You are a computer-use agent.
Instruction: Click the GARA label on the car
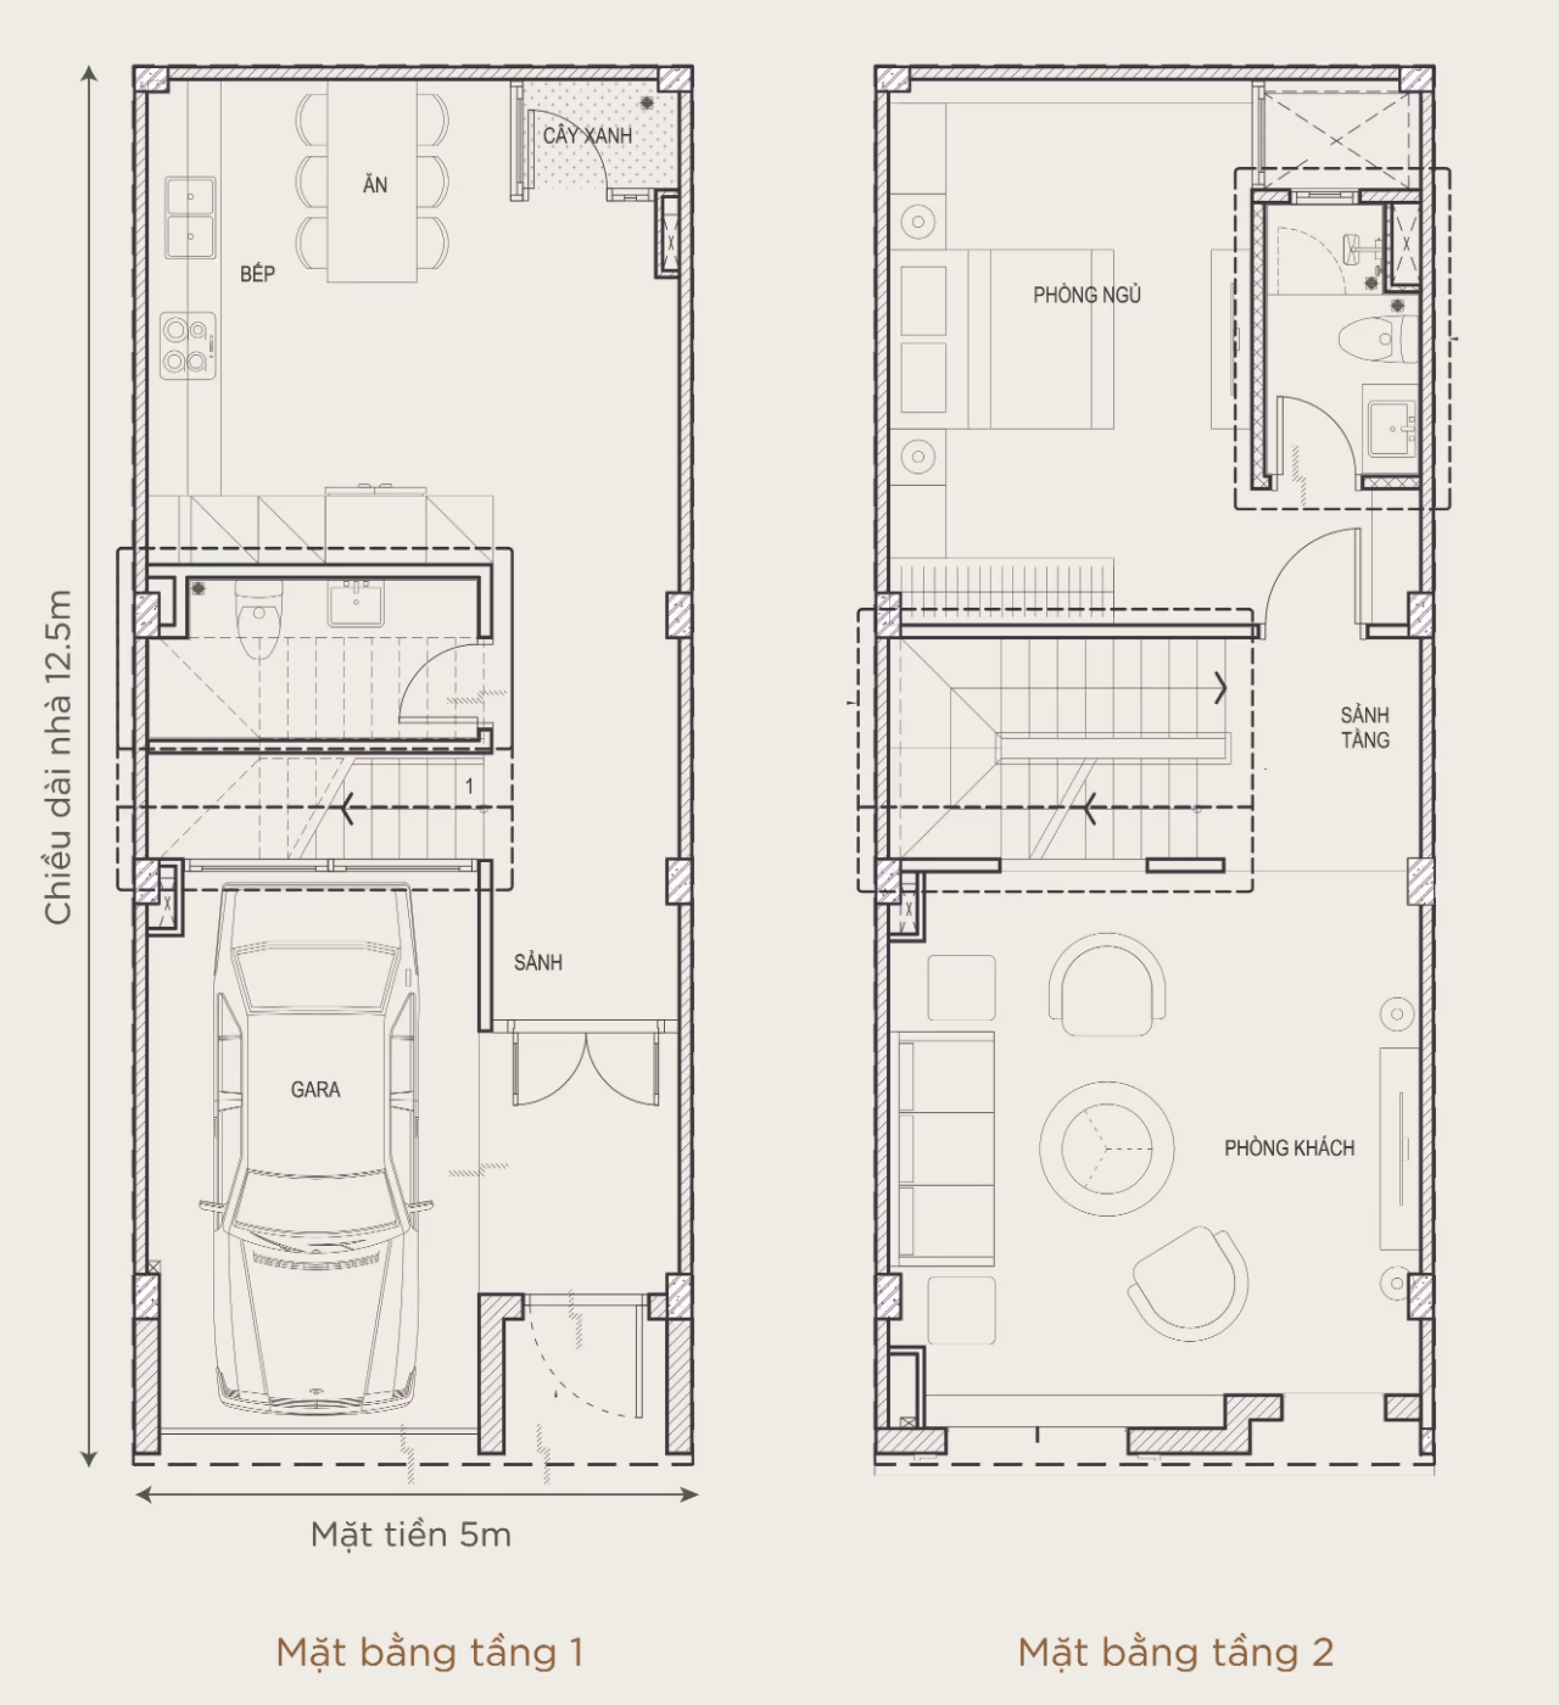coord(315,1089)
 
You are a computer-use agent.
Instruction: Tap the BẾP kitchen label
coord(257,274)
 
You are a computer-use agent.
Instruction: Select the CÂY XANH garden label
coord(587,135)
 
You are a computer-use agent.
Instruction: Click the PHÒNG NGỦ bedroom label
coord(1086,295)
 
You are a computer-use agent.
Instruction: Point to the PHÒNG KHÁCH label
coord(1289,1148)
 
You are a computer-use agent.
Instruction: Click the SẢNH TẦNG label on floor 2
coord(1365,727)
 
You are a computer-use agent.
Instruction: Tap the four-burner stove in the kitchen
coord(188,345)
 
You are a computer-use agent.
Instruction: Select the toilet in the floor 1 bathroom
coord(258,622)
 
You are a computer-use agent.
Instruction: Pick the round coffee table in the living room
coord(1107,1148)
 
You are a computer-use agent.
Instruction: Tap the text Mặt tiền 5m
coord(411,1534)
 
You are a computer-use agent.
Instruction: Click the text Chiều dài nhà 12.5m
coord(57,757)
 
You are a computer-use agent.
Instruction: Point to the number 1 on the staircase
coord(470,787)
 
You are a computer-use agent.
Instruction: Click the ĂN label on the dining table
coord(375,185)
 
